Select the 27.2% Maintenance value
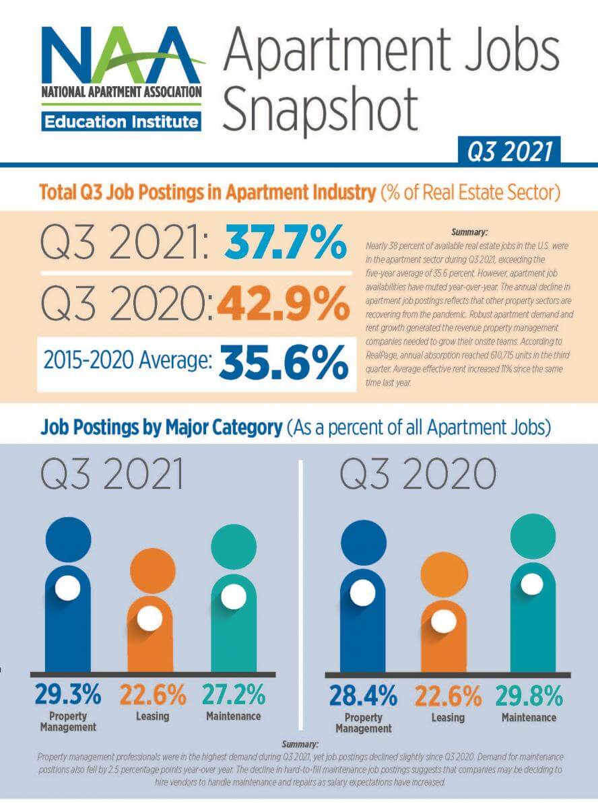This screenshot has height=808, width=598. click(234, 694)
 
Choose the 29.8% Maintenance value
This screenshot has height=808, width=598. click(529, 696)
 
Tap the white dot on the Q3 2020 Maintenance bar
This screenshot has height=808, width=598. click(532, 584)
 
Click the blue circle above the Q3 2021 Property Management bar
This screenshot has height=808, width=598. click(68, 541)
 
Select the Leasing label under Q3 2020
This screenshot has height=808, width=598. click(448, 718)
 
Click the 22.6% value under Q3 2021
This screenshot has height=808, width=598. click(152, 694)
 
